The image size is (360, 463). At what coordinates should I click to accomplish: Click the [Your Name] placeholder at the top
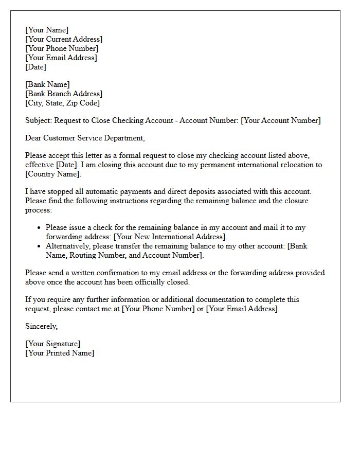[46, 30]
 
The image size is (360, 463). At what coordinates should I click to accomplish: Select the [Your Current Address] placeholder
[64, 39]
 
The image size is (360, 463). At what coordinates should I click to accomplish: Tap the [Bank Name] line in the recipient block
[47, 84]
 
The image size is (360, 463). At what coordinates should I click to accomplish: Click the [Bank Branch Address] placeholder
[64, 94]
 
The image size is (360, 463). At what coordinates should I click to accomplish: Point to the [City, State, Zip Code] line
[62, 103]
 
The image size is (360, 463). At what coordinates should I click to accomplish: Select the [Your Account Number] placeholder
[281, 120]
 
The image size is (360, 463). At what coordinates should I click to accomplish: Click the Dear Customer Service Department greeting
[85, 138]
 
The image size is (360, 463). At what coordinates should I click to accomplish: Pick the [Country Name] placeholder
[53, 174]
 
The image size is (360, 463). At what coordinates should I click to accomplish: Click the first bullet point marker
[40, 228]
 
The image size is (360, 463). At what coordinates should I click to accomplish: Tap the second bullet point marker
[40, 246]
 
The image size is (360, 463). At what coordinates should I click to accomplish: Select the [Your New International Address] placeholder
[170, 237]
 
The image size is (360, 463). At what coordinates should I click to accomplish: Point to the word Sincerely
[41, 326]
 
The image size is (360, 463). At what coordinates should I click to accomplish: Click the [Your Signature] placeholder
[52, 344]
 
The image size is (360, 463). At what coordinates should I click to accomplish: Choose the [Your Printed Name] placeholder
[60, 353]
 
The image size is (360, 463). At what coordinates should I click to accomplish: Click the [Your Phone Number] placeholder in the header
[62, 48]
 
